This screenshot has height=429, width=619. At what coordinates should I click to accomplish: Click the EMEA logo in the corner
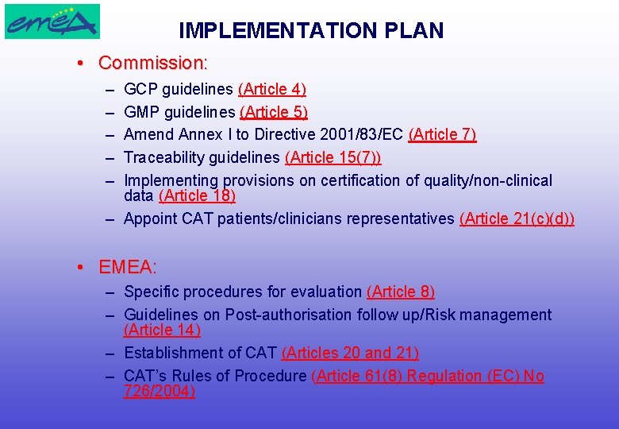coord(52,21)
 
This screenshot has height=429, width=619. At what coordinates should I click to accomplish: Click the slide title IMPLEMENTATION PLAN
coord(311,31)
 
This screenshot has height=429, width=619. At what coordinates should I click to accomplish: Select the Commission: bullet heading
coord(152,62)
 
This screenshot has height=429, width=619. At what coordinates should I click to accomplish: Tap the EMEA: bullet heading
coord(128,269)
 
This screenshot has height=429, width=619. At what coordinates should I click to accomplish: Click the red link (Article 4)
coord(272,90)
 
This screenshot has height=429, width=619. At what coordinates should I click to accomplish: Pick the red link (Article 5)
coord(274,112)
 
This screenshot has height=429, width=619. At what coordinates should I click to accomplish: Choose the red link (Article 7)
coord(442,135)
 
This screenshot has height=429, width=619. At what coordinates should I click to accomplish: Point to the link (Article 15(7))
coord(333,157)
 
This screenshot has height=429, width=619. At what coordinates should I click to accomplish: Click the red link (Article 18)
coord(197,195)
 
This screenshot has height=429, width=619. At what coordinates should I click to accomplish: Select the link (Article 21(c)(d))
coord(517,218)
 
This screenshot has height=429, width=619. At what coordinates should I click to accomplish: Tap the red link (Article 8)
coord(401,292)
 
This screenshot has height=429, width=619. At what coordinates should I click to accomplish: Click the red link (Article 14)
coord(162,330)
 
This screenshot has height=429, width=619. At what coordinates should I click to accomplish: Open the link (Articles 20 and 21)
coord(350,353)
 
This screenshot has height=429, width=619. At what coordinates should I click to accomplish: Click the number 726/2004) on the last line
coord(160,391)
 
